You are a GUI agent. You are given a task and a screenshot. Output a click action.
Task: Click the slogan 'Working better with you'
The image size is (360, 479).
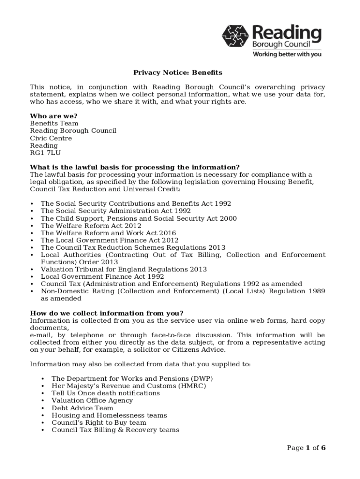point(287,54)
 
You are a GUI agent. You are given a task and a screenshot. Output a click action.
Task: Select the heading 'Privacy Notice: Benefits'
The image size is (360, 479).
point(178,73)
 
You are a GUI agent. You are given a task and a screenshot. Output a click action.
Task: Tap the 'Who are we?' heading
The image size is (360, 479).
point(54,116)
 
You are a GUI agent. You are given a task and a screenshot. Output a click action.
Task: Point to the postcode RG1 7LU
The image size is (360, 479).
point(45,153)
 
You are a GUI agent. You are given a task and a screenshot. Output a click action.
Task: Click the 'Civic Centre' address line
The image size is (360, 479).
point(51,138)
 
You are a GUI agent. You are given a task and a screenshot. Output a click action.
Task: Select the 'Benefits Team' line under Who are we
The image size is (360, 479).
point(54,123)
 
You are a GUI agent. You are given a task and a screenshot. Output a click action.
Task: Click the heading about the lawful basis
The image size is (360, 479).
point(135,167)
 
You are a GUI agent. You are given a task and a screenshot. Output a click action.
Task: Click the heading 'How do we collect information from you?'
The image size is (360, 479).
point(107,313)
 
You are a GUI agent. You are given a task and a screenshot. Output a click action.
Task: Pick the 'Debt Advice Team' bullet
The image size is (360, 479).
point(82,408)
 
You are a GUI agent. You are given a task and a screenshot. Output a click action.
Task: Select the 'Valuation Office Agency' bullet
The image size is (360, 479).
point(92,400)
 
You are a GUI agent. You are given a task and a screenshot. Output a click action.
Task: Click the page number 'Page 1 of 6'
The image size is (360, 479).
point(306,448)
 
